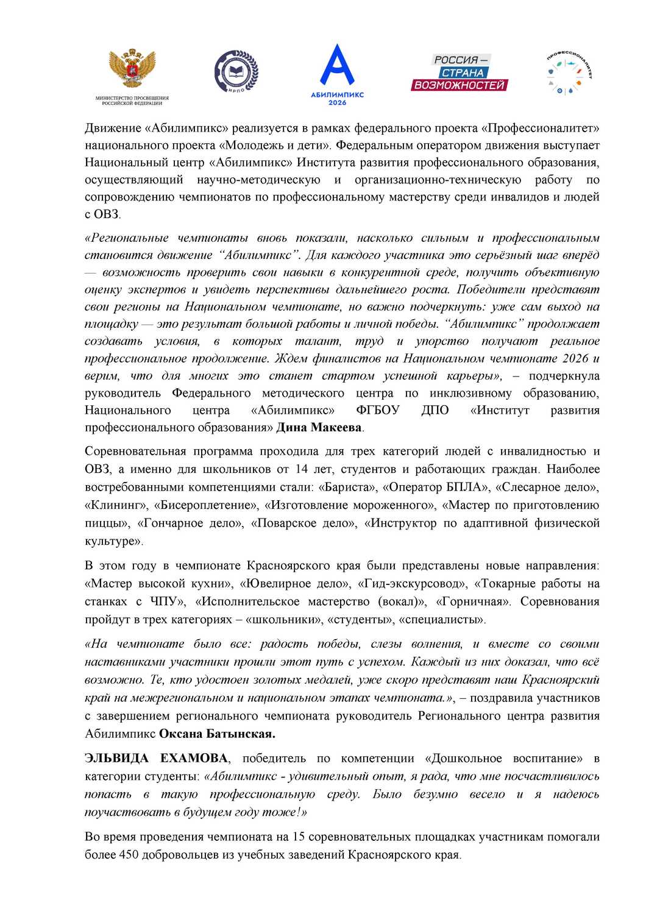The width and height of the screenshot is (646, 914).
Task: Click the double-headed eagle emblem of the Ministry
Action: pos(132,68)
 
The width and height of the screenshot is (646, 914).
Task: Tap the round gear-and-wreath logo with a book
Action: pos(236,72)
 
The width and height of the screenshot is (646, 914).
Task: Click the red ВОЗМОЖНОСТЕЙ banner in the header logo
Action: pos(460,85)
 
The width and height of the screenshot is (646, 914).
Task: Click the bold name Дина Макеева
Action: pos(319,428)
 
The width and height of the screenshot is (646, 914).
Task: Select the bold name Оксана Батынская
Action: pos(217,734)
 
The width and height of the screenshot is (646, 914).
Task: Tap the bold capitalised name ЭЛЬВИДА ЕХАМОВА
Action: pos(156,759)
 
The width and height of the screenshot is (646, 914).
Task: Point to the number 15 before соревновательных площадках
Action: pos(299,837)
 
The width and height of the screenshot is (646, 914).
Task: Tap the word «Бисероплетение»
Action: pos(207,505)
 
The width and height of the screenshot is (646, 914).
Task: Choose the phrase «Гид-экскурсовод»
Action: pos(413,584)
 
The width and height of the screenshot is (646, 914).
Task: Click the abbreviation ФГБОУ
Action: pos(378,410)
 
